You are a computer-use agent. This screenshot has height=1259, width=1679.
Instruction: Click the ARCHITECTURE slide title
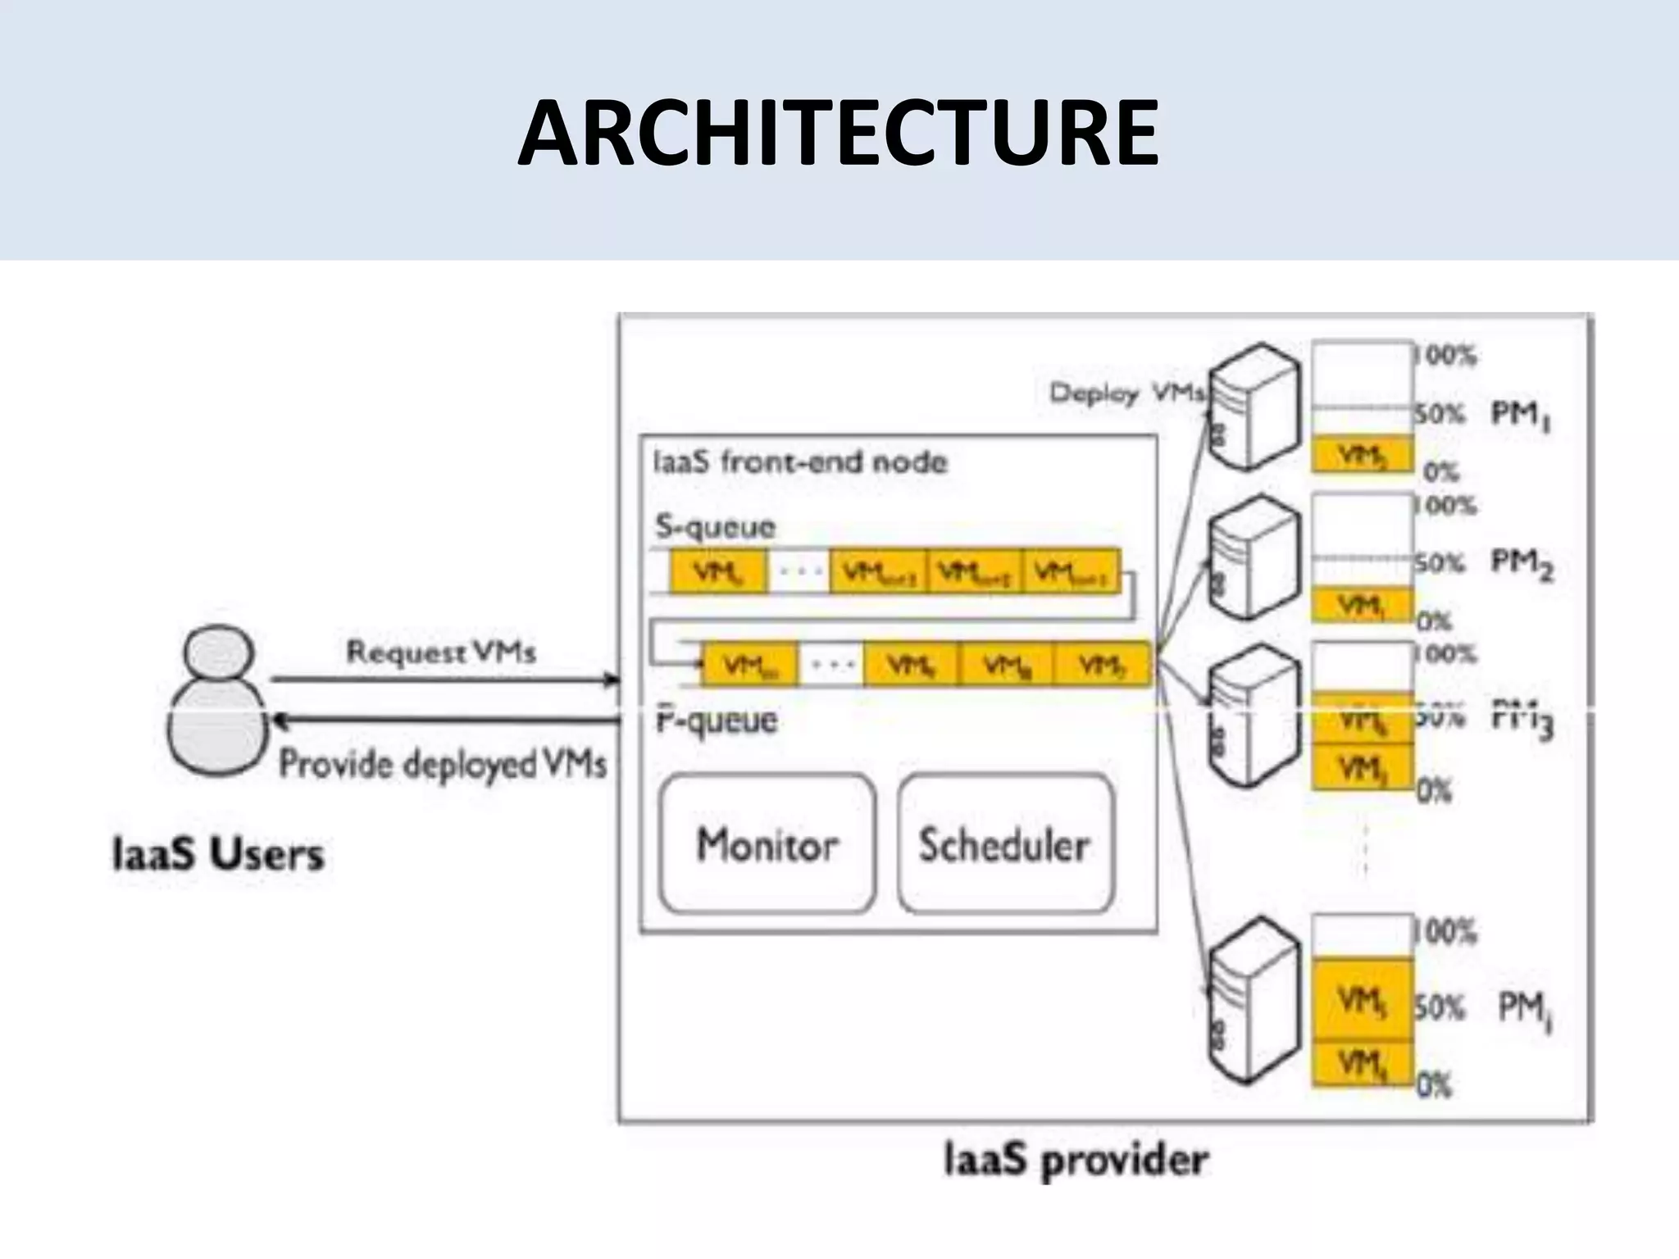pos(838,134)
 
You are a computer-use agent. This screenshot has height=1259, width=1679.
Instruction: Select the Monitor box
pos(767,844)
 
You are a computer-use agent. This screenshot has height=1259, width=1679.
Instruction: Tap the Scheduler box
pos(1005,844)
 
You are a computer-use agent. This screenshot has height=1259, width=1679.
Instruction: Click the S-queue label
pos(715,526)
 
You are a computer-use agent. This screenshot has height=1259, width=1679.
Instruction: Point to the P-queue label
pos(717,721)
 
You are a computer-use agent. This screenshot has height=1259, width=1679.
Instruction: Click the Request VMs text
pos(441,652)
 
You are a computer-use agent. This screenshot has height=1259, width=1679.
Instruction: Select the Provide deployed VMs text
pos(443,764)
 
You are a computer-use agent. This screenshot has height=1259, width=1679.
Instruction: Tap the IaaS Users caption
pos(218,855)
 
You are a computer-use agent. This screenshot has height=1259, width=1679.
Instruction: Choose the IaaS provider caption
pos(1076,1161)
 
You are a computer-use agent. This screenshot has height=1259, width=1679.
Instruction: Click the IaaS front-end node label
pos(799,462)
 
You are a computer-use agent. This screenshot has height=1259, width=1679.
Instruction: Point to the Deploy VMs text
pos(1126,393)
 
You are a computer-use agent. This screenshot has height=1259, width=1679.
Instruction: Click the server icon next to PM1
pos(1254,407)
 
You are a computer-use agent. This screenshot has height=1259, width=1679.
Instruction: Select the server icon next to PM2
pos(1254,557)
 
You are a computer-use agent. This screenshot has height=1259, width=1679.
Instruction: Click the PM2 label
pos(1522,564)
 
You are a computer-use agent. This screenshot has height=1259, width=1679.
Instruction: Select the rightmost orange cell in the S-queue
pos(1071,572)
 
